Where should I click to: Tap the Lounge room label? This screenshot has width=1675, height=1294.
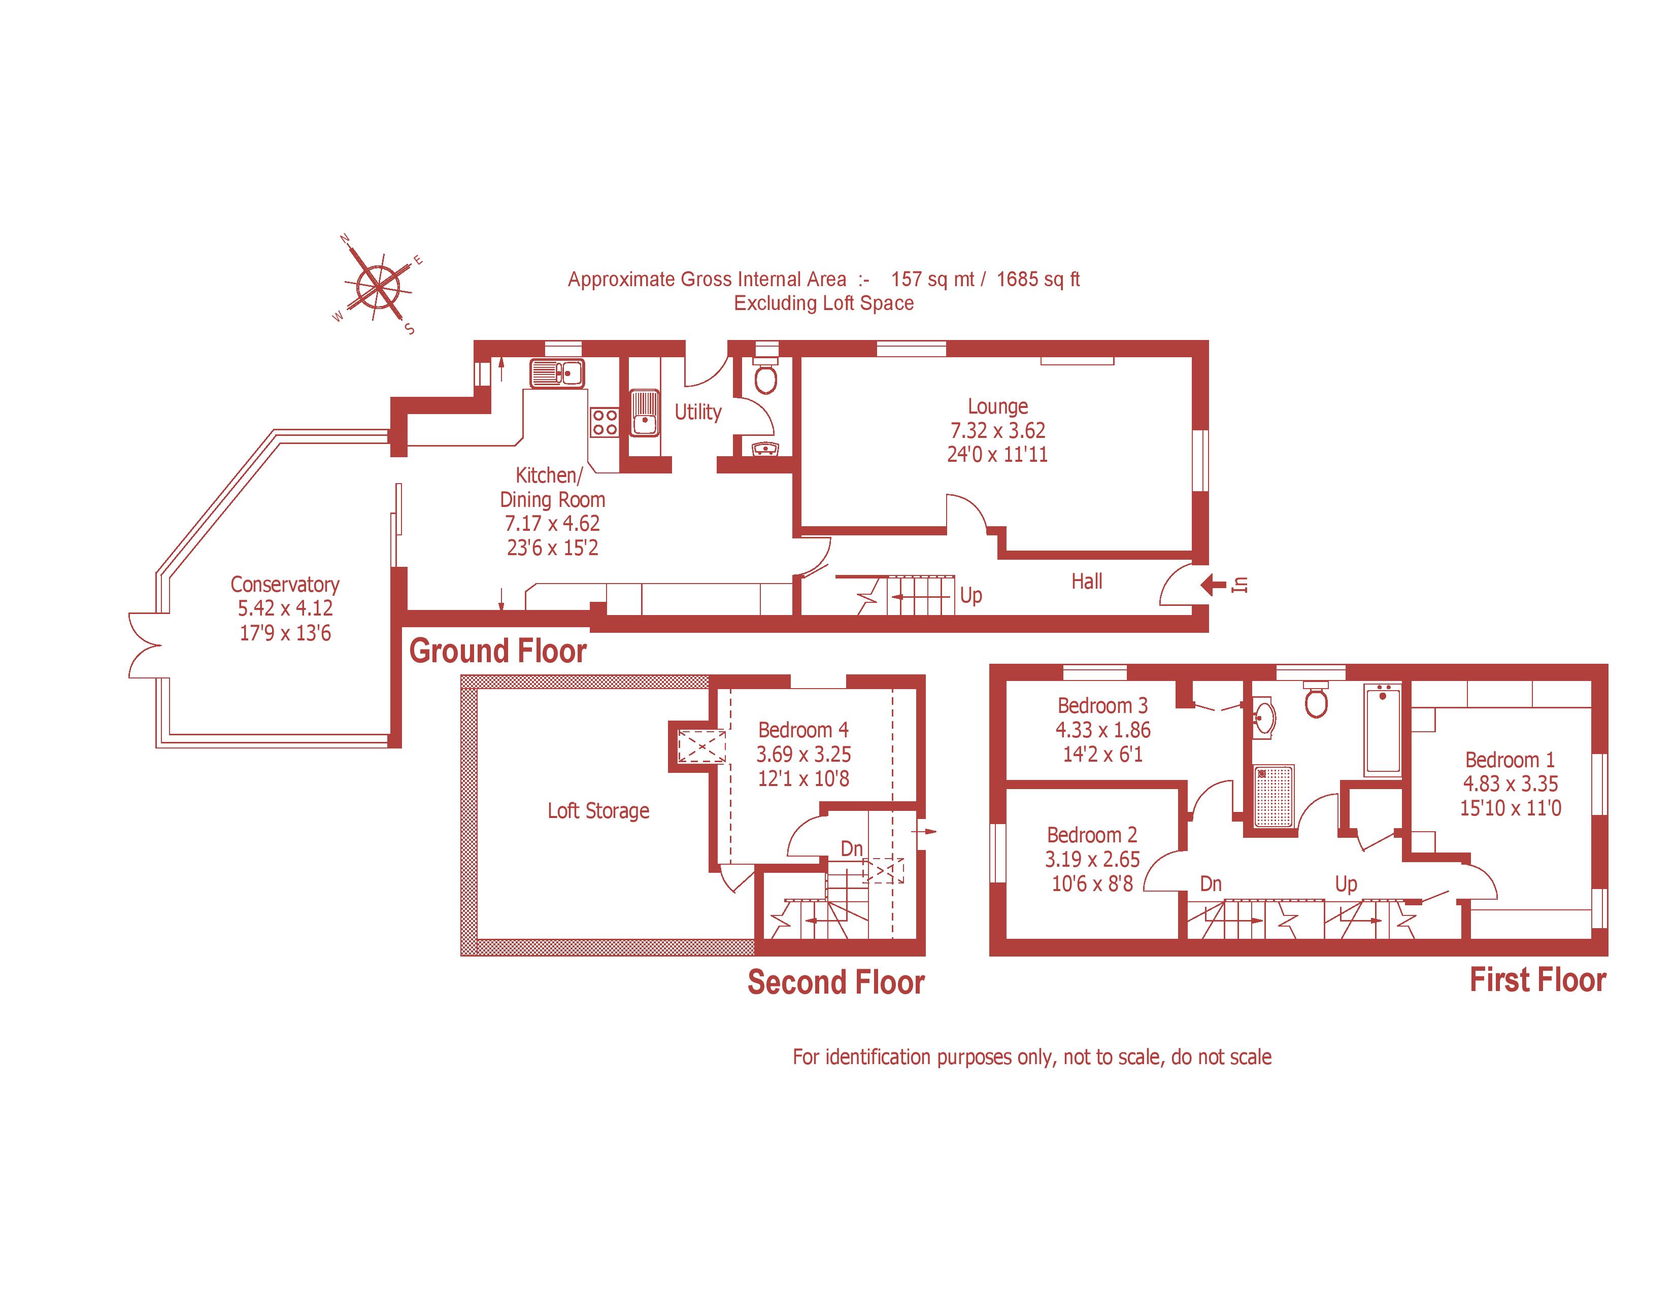pos(997,406)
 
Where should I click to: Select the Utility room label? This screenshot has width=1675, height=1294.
pos(698,413)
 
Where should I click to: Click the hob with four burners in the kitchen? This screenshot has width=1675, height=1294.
pos(605,422)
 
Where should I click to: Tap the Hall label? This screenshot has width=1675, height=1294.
pos(1086,582)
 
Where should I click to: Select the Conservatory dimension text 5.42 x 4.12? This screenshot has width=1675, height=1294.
pos(285,608)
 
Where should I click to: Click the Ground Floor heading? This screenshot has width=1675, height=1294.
pos(498,651)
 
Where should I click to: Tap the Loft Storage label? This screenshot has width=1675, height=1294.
pos(598,810)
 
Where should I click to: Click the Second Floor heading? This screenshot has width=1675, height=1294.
pos(836,983)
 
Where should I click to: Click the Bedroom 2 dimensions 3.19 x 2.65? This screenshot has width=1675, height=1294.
pos(1092,859)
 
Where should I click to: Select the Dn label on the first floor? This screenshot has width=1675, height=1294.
pos(1210,884)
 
